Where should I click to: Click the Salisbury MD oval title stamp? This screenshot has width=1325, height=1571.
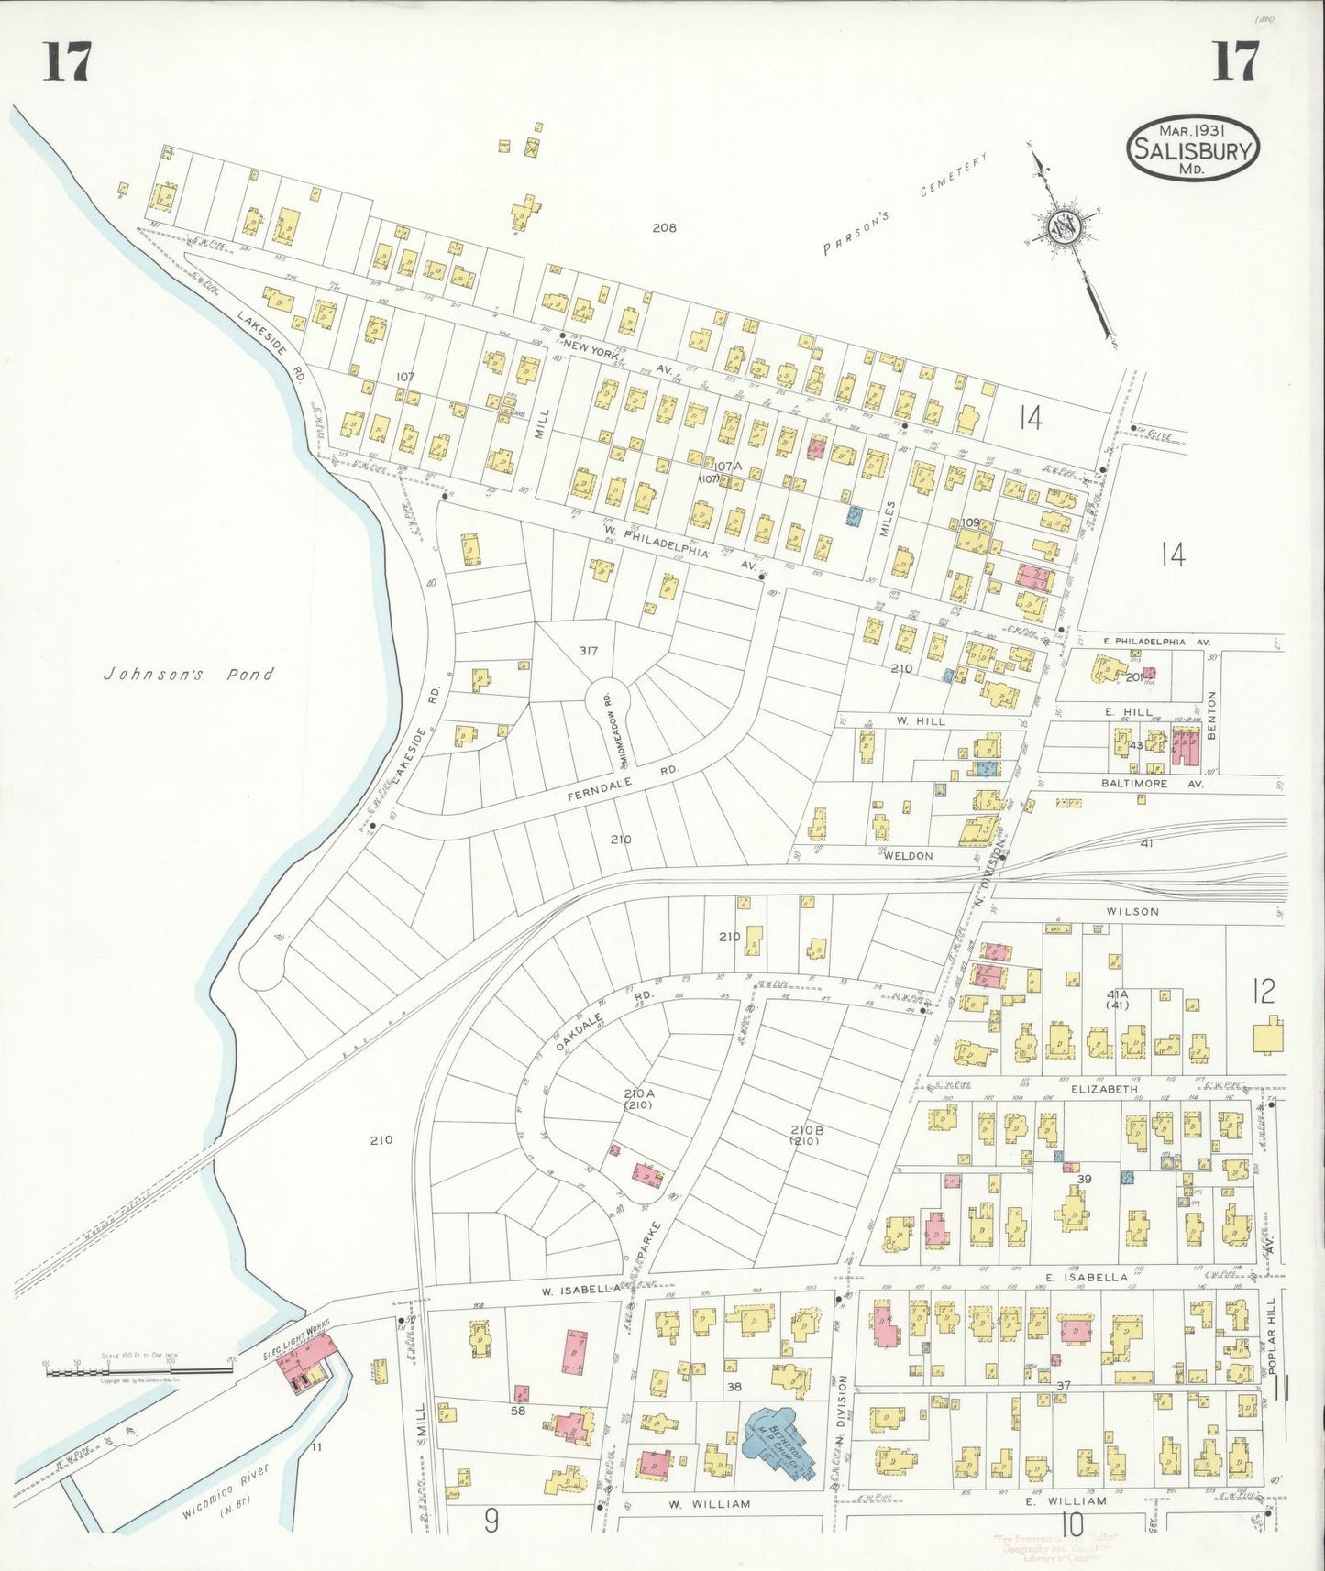pos(1192,148)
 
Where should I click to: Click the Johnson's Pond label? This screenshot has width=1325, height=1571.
pos(188,674)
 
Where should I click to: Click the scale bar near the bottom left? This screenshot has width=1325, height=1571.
pos(138,1369)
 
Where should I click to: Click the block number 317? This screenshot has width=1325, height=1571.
pos(588,651)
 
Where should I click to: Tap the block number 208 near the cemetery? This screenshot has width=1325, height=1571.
pos(664,227)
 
